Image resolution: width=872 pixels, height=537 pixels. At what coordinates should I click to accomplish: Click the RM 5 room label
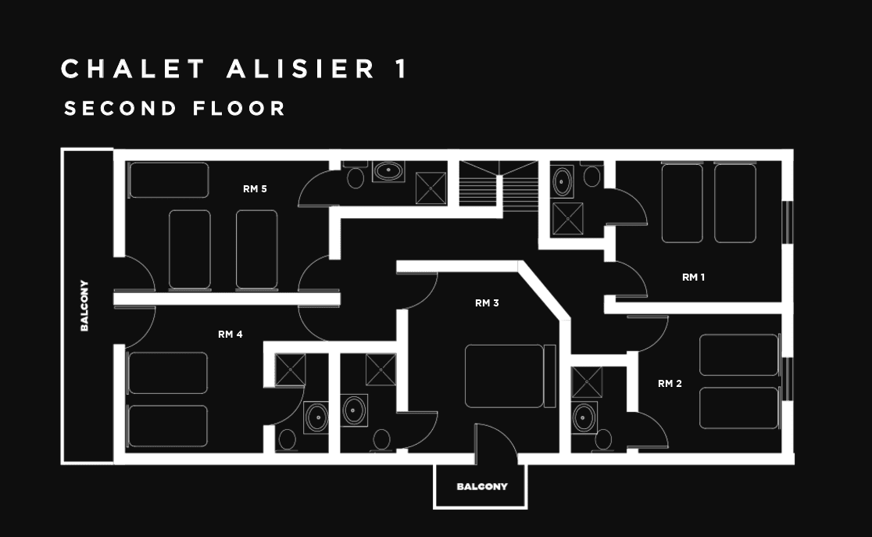[255, 188]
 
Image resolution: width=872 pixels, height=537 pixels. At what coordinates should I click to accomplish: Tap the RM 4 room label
[230, 335]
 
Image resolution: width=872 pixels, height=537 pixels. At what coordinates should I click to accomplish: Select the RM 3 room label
[487, 303]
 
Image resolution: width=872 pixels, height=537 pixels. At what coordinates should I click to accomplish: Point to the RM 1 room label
[694, 277]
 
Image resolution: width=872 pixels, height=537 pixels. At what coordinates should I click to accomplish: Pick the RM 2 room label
[670, 383]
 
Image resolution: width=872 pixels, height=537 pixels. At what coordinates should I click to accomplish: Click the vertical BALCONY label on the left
[84, 306]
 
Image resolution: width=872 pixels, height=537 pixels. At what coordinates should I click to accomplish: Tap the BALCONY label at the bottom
[482, 486]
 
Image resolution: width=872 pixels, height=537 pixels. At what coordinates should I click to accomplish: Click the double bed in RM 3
[504, 376]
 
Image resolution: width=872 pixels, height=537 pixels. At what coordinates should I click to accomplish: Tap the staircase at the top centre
[498, 185]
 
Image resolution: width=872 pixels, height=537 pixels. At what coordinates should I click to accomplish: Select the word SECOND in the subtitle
[121, 109]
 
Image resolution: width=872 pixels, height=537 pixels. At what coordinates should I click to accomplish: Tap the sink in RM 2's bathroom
[584, 417]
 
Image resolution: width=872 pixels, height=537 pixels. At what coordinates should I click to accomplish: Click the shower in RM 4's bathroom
[291, 369]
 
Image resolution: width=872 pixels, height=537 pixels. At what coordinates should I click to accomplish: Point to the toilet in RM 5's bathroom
[356, 177]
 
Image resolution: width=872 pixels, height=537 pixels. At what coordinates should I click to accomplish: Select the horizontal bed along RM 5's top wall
[169, 180]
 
